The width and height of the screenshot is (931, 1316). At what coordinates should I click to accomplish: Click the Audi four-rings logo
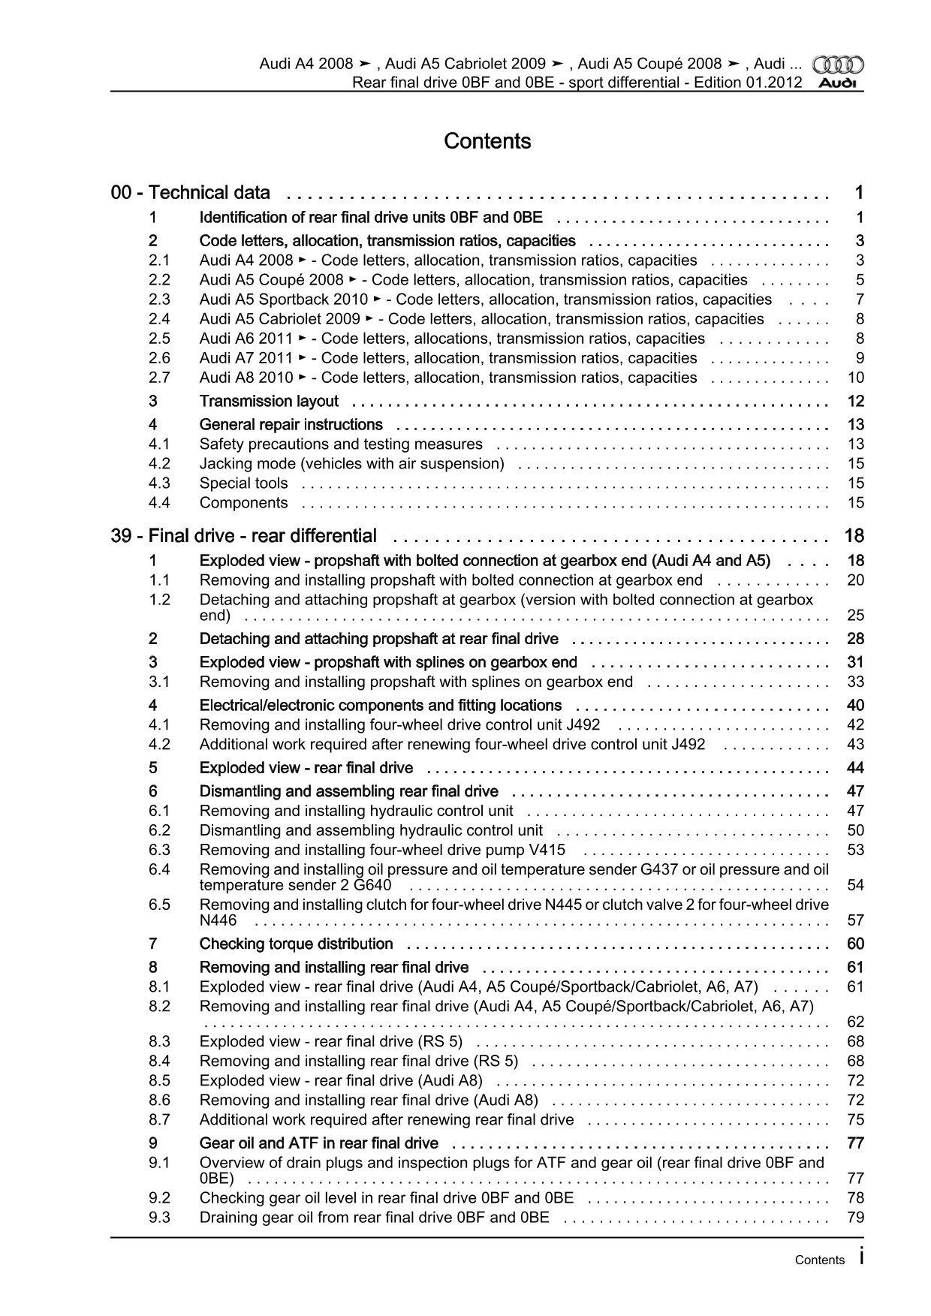839,65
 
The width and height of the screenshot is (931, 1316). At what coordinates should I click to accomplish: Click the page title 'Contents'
487,141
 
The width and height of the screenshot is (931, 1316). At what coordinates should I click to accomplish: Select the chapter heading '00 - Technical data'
191,193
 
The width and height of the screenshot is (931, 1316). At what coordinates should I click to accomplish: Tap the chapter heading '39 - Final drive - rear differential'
244,536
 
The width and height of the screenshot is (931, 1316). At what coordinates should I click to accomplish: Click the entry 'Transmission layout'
269,402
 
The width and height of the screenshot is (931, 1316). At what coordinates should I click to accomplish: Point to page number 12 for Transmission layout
855,402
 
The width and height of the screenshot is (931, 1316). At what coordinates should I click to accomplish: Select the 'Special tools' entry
243,483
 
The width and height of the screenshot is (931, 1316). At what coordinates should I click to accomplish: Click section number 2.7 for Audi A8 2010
159,378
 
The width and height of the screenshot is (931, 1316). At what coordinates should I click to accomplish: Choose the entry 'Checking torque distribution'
296,944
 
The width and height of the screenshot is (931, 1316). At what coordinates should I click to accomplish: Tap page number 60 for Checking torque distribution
855,944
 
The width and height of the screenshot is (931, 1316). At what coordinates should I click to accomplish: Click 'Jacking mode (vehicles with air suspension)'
351,464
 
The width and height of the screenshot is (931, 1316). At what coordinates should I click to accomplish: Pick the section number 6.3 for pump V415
159,850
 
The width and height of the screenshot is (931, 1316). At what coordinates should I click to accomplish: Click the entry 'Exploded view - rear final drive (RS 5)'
330,1042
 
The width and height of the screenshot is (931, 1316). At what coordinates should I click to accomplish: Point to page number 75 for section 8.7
855,1120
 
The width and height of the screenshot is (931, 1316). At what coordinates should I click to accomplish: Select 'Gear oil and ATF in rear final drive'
318,1143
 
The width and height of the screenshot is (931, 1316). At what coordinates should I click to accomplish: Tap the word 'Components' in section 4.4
243,503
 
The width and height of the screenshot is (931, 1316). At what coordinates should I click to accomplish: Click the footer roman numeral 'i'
861,1258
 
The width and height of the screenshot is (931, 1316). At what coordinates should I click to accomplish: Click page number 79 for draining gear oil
855,1218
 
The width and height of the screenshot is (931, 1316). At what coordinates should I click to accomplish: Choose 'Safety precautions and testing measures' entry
341,444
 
